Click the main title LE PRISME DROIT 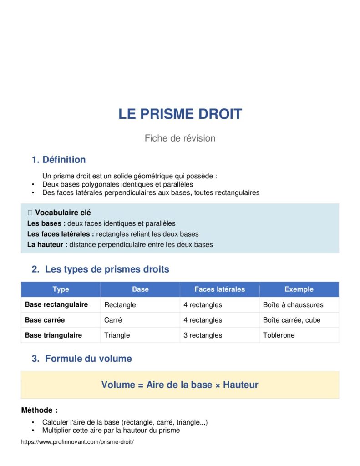[x=180, y=114]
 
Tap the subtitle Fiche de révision [x=180, y=138]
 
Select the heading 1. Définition [x=59, y=160]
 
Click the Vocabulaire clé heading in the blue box [x=63, y=213]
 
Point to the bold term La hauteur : [x=47, y=244]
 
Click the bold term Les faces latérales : [x=61, y=234]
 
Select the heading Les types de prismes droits [x=107, y=269]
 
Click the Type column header [x=61, y=289]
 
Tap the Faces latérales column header [x=219, y=289]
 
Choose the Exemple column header [x=299, y=289]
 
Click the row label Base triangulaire [x=53, y=335]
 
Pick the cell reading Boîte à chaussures [x=293, y=305]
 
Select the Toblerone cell [x=279, y=335]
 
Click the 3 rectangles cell [x=203, y=335]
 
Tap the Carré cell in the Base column [x=113, y=320]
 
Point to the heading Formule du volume [x=88, y=359]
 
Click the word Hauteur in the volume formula [x=240, y=385]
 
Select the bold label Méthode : [x=39, y=410]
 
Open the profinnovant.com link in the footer [x=77, y=442]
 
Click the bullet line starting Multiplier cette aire [x=111, y=430]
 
